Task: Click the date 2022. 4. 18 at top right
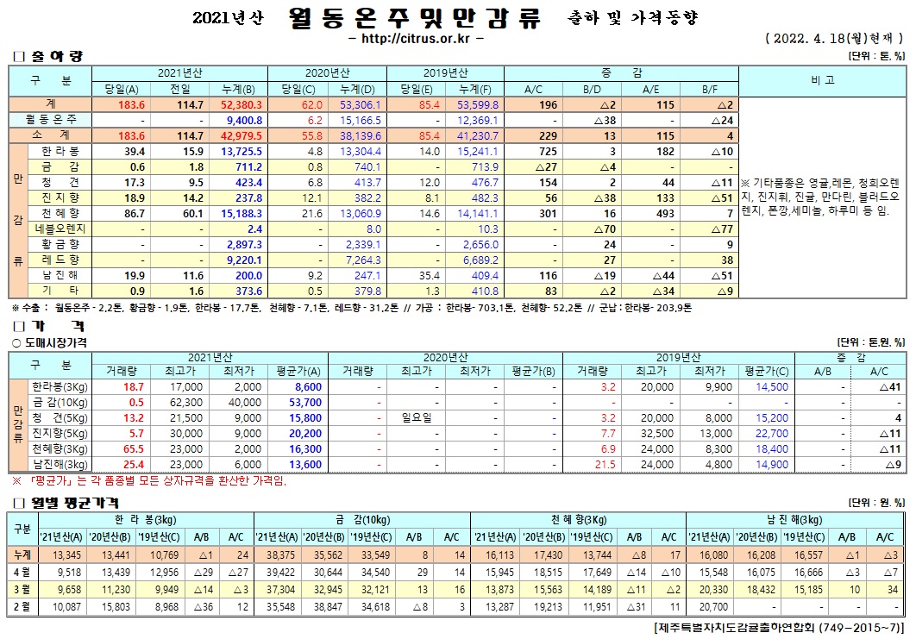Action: pyautogui.click(x=809, y=40)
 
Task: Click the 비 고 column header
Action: pyautogui.click(x=822, y=80)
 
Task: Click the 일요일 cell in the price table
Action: pyautogui.click(x=421, y=418)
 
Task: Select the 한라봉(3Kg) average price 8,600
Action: pyautogui.click(x=307, y=387)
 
